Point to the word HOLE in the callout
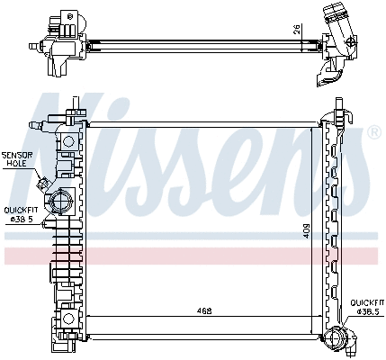tap(16, 164)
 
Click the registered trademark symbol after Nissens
tap(373, 132)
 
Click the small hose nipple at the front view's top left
tap(34, 122)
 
